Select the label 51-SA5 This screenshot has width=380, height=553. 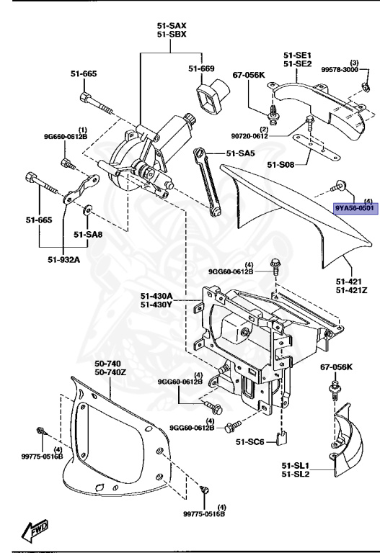241,153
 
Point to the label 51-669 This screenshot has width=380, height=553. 202,68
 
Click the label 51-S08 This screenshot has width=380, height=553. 282,165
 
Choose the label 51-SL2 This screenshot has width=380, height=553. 296,475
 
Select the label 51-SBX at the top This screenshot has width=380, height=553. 171,34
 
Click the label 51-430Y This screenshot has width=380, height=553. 156,305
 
